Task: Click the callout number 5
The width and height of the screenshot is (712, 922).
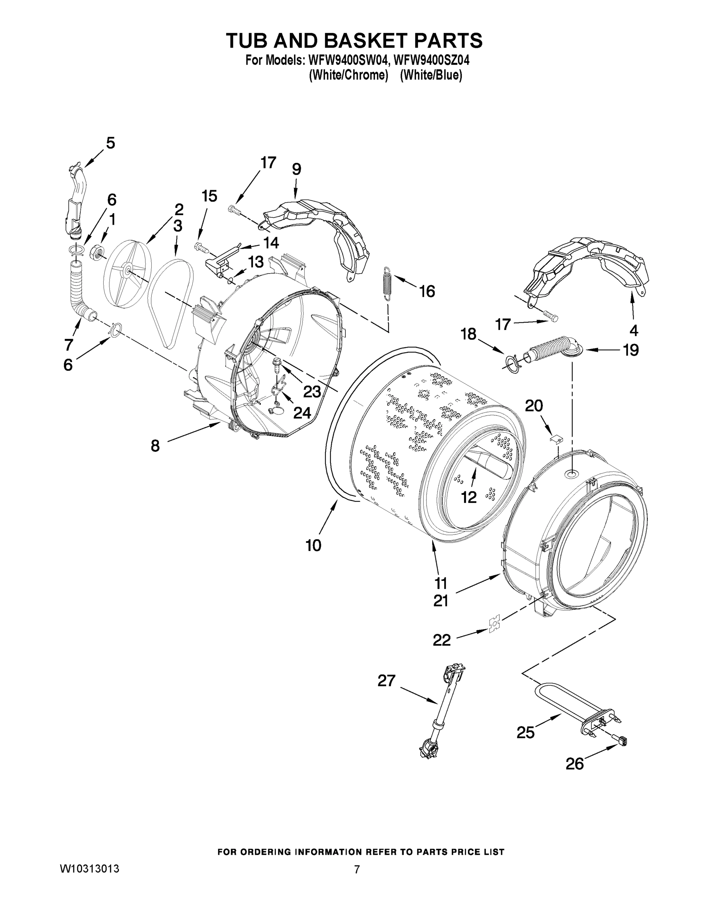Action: point(110,143)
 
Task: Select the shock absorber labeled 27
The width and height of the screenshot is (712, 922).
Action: point(441,709)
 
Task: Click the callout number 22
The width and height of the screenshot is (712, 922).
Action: point(442,640)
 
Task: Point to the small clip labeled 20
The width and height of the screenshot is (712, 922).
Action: point(556,439)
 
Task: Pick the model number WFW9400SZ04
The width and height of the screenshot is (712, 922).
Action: point(431,60)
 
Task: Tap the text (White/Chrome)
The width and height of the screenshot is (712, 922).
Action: point(349,76)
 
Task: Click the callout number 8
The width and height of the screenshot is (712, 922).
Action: point(155,446)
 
